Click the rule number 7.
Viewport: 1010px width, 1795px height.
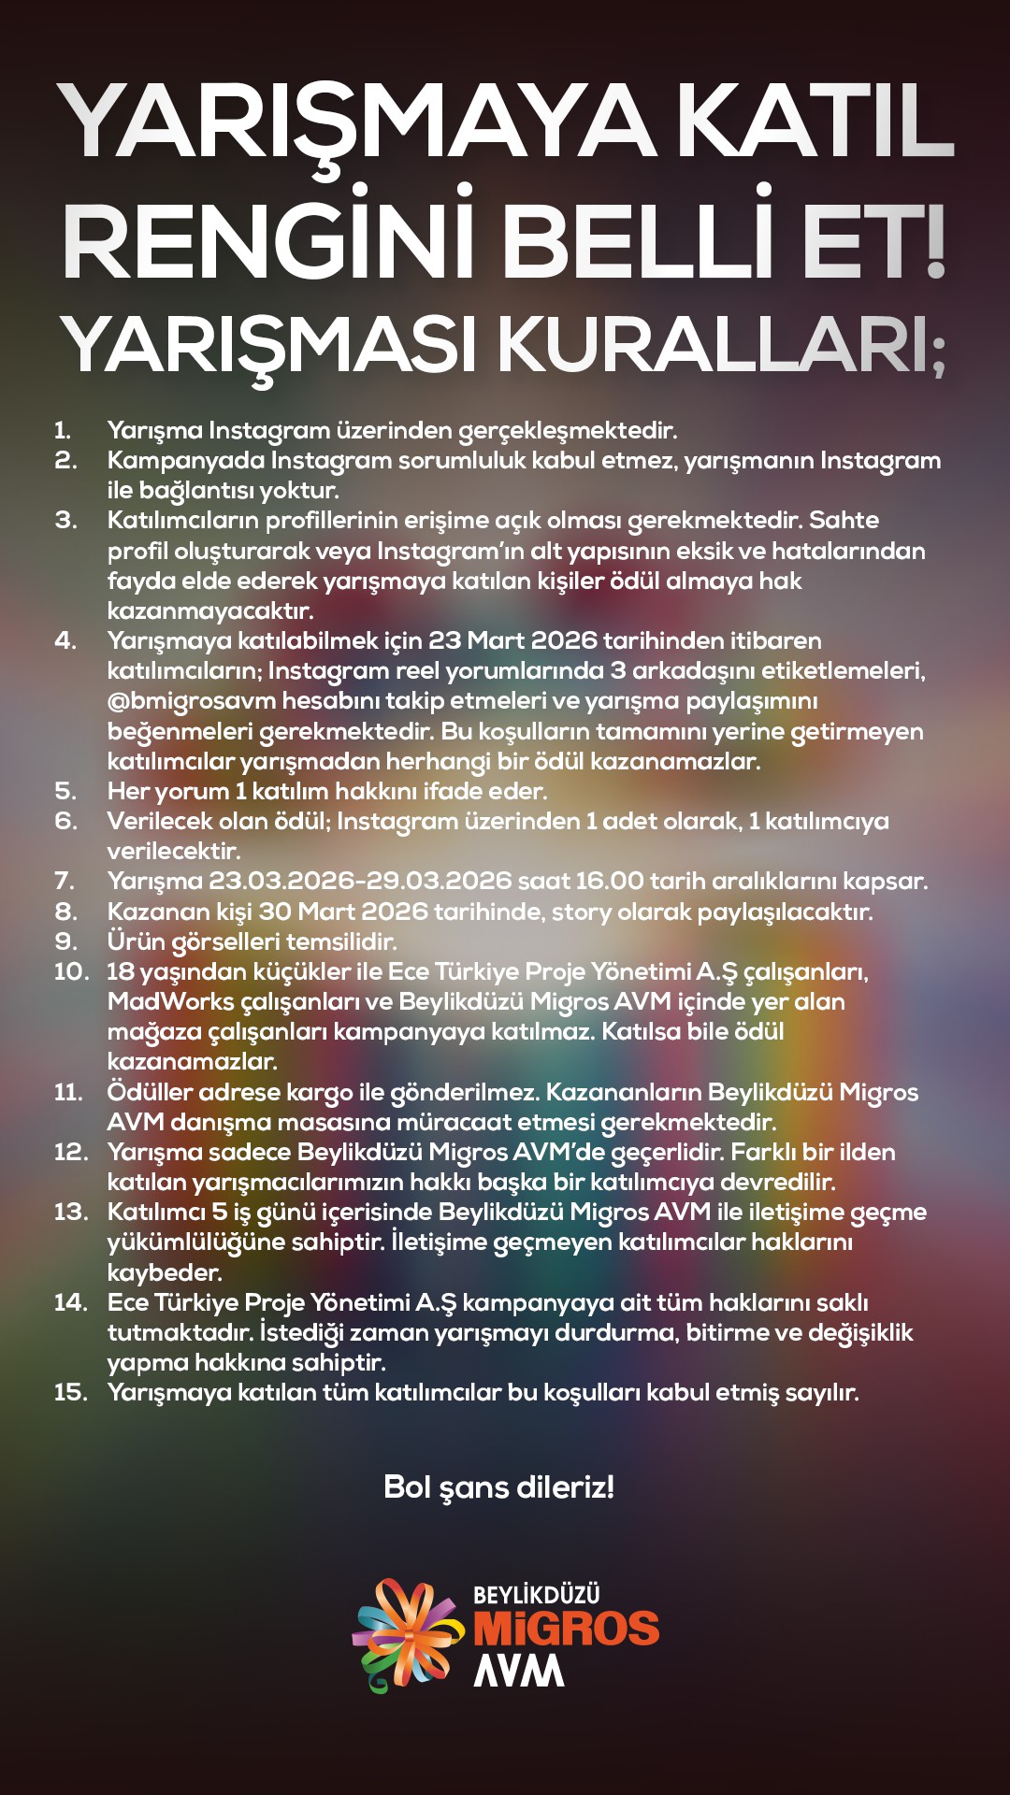point(65,881)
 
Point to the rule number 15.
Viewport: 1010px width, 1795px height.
point(70,1392)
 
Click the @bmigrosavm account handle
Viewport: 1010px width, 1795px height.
point(192,701)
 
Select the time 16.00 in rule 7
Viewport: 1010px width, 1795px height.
point(609,881)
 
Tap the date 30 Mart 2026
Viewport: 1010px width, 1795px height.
point(342,912)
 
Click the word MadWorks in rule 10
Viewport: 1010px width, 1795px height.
point(171,1001)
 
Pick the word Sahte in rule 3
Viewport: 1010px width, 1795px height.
point(844,520)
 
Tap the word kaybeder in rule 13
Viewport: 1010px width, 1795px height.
point(164,1272)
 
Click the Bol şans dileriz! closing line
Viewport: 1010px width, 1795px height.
point(498,1486)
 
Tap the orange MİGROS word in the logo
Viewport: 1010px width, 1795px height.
point(566,1629)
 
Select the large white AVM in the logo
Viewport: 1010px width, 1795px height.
point(519,1671)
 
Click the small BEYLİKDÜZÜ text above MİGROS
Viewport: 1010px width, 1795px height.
point(536,1595)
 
